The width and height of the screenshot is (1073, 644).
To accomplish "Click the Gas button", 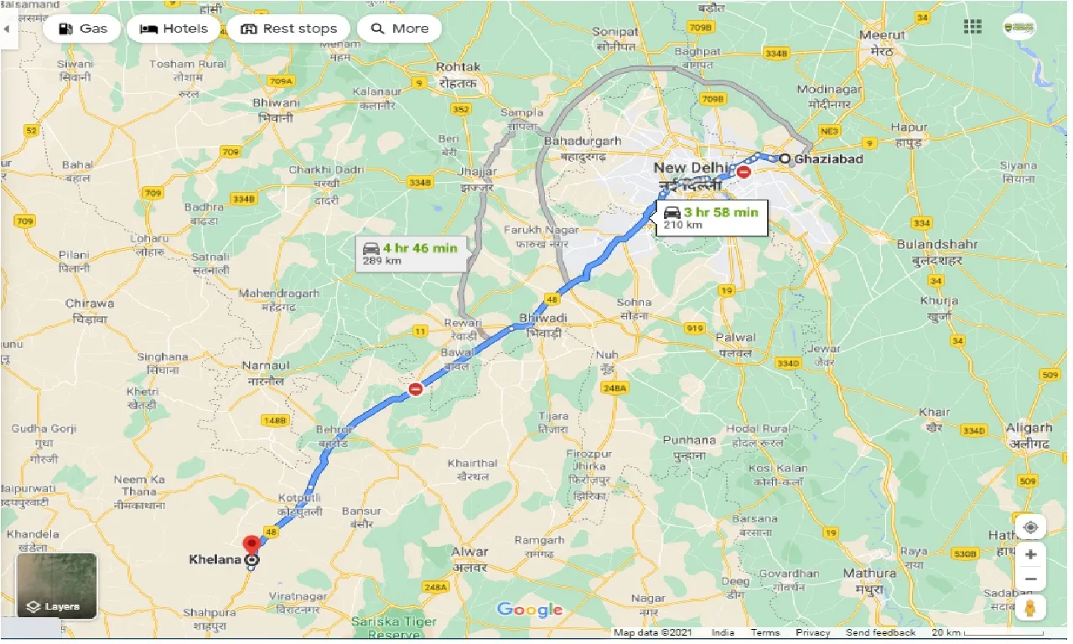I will pyautogui.click(x=81, y=29).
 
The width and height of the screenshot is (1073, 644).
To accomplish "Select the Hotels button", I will pyautogui.click(x=174, y=29).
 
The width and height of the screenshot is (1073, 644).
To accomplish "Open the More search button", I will pyautogui.click(x=400, y=29).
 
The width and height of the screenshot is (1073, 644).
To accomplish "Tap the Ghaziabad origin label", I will pyautogui.click(x=828, y=158).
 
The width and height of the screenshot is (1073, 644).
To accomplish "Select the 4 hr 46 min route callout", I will pyautogui.click(x=410, y=253).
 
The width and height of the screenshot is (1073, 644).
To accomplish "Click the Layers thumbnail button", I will pyautogui.click(x=57, y=584).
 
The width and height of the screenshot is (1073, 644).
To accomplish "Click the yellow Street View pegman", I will pyautogui.click(x=1031, y=607).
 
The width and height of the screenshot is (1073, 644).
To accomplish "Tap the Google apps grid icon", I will pyautogui.click(x=972, y=27).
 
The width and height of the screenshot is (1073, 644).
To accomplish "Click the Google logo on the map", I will pyautogui.click(x=530, y=610).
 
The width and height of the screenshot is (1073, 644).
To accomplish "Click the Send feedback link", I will pyautogui.click(x=880, y=633).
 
